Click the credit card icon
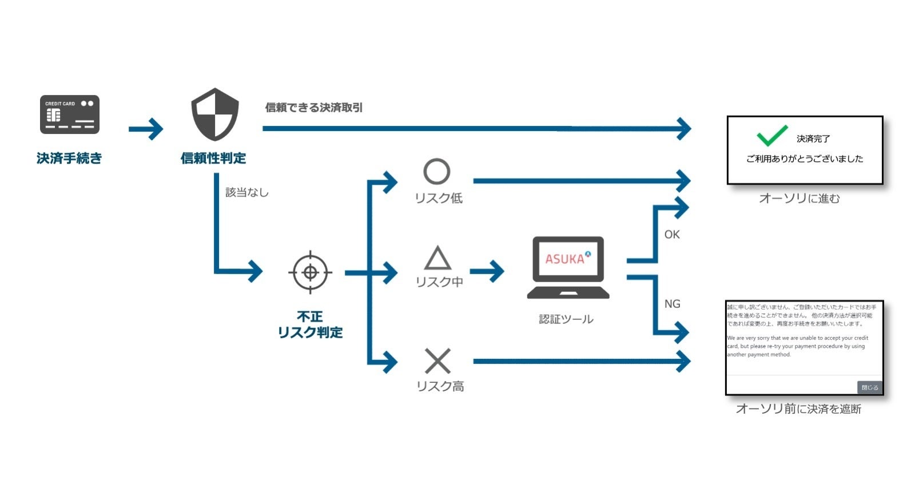69,114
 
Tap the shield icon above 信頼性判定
214,114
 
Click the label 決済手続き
69,159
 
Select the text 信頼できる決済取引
313,108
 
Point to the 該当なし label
246,192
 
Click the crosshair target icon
310,272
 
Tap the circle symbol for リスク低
437,171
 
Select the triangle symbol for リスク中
438,259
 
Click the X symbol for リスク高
438,361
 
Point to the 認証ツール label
566,319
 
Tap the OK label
672,235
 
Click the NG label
672,304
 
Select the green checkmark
772,136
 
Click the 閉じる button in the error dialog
869,387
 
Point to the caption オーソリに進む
799,199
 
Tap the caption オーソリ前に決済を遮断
798,409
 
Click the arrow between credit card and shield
146,129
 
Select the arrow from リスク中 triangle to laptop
487,271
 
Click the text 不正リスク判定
310,324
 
